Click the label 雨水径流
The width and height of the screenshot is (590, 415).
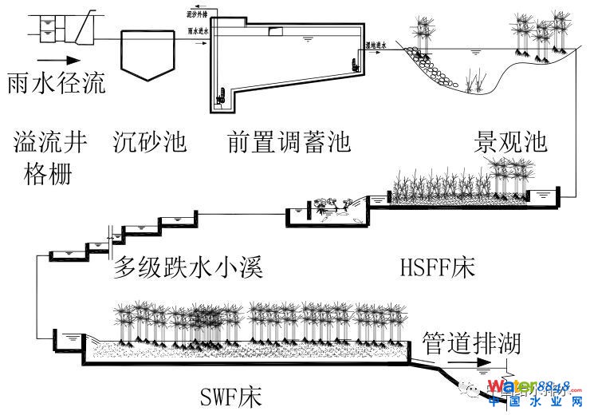click(56, 83)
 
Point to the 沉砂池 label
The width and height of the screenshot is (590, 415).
click(149, 142)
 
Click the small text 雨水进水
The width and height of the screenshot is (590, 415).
click(197, 31)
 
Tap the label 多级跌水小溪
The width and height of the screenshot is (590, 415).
click(188, 267)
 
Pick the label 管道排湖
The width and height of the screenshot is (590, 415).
click(471, 343)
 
